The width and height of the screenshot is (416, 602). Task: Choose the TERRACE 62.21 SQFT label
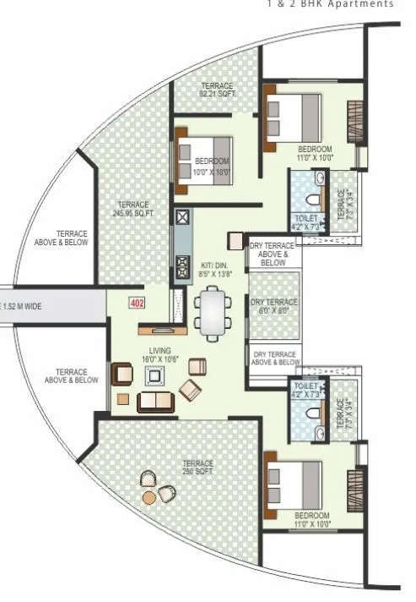pos(216,89)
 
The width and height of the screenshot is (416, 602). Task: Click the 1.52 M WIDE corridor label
pos(22,306)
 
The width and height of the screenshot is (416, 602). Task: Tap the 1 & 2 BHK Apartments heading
pos(330,4)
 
